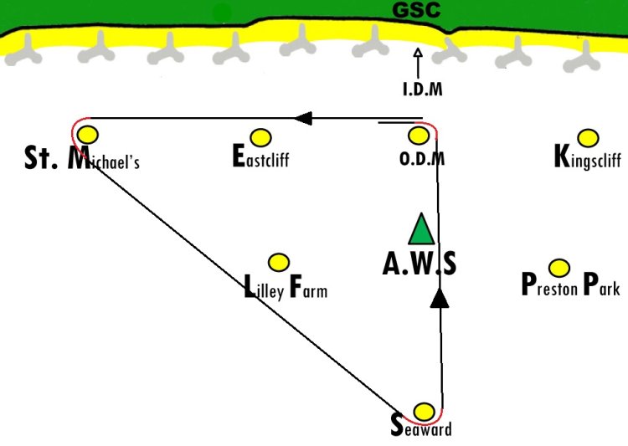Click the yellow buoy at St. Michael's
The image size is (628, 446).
point(88,135)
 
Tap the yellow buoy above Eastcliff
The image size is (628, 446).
point(260,138)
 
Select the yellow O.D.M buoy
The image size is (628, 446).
point(419,136)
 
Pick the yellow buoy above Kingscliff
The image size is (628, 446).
point(588,138)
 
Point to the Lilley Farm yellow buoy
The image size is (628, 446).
point(279,263)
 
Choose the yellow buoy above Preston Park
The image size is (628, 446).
point(559,268)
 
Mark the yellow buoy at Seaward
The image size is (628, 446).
point(424,412)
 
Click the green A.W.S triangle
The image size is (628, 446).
point(421,229)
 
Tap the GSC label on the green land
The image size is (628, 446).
point(416,10)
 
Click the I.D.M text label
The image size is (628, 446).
point(423,89)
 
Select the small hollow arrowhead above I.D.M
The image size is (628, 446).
point(418,53)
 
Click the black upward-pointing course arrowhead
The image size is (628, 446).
point(440,298)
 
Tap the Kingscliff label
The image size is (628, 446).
point(588,156)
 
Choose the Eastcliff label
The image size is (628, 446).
point(260,156)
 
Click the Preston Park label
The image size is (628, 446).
point(571,284)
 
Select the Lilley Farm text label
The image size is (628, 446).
point(286,287)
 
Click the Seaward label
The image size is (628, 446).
point(421,426)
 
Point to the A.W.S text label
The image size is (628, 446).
point(420,264)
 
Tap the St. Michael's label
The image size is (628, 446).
point(82,158)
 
